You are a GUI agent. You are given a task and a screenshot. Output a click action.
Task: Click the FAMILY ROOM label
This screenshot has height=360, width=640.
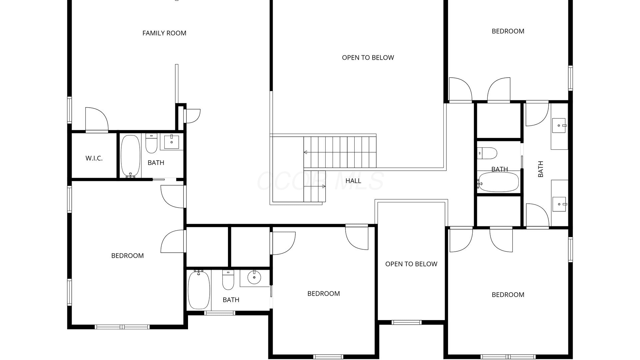[164, 33]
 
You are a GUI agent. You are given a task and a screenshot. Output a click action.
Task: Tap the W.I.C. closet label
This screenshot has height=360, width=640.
[94, 158]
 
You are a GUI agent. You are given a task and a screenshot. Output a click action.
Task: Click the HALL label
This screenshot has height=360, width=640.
[353, 181]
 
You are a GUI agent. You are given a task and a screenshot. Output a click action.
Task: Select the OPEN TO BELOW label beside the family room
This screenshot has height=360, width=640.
[368, 58]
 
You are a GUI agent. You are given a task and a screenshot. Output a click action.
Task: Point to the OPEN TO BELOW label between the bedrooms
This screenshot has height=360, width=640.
[411, 264]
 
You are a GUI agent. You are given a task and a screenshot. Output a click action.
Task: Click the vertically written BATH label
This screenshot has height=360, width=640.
[541, 169]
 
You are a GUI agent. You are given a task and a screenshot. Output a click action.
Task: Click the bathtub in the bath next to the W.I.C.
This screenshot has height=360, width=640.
[130, 155]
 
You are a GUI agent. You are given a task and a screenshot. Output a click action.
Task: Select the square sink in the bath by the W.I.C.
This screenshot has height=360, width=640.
[172, 142]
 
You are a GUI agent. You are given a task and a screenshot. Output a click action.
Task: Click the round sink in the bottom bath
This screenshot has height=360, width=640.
[254, 277]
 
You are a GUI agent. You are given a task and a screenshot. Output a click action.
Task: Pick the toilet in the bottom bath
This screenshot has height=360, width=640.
[228, 280]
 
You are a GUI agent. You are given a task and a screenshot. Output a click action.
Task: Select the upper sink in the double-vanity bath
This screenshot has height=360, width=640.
[559, 125]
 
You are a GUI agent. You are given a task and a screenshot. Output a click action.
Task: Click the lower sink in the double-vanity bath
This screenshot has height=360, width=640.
[559, 204]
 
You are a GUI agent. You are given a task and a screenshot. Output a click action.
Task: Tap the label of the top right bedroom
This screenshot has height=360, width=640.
[508, 31]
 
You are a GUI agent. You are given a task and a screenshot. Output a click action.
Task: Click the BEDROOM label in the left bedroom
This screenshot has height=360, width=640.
[128, 256]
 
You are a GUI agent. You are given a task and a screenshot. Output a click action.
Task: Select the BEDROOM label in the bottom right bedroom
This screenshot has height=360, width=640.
[508, 295]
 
